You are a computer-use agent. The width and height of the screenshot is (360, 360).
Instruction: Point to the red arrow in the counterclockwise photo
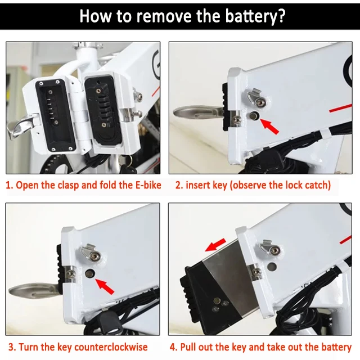105,286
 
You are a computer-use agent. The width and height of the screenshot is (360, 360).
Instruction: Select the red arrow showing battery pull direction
215,245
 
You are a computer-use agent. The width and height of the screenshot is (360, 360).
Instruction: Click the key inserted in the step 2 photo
198,112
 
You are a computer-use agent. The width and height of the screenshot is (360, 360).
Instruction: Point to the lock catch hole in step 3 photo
90,273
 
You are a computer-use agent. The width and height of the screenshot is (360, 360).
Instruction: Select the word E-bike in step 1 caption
148,185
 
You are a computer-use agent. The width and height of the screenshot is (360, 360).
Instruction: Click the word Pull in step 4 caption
189,347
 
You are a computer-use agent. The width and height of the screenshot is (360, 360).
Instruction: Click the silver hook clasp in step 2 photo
256,97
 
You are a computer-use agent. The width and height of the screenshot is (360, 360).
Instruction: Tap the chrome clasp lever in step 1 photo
22,126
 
